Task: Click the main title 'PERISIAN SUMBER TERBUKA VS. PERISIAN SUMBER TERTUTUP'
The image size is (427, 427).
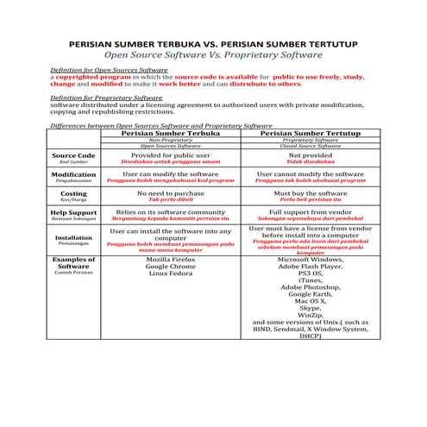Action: (213, 42)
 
